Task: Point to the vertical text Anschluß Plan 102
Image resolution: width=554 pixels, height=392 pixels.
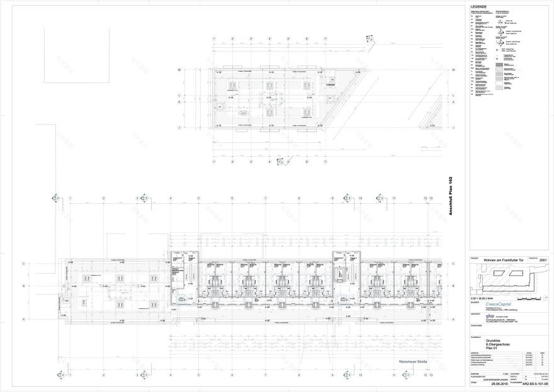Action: pyautogui.click(x=451, y=198)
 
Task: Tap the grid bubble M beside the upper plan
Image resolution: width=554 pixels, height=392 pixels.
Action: pyautogui.click(x=179, y=69)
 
